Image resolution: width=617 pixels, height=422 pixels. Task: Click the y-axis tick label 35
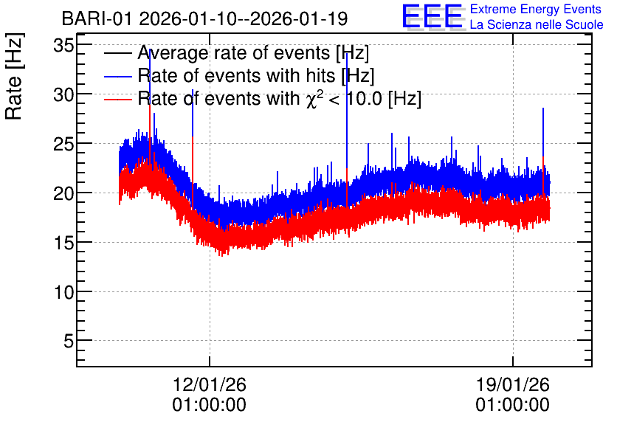pos(63,46)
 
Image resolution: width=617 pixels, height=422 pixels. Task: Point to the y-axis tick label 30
pos(63,95)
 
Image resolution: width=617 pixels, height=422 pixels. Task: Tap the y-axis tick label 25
pos(63,145)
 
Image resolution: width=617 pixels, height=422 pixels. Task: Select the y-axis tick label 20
pos(63,193)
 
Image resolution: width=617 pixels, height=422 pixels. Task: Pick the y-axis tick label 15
pos(63,243)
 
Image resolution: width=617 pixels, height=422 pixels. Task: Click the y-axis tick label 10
pos(63,292)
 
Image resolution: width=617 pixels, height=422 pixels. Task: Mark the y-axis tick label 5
pos(69,341)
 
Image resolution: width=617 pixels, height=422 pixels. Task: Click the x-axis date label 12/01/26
pos(210,384)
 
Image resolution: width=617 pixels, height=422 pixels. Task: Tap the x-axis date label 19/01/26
pos(513,384)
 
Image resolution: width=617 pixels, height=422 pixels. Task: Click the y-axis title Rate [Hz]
pos(14,76)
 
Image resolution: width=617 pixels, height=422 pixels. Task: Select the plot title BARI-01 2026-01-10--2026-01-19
pos(204,18)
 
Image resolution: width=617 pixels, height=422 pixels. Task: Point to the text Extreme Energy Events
pos(536,9)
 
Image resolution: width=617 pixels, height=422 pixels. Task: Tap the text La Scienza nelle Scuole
pos(537,25)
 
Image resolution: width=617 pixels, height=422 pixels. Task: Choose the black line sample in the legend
pos(117,53)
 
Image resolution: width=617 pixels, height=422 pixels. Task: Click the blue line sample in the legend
pos(117,76)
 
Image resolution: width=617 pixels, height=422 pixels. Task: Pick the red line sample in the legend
pos(117,99)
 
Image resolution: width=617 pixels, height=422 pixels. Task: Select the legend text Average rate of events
pos(234,52)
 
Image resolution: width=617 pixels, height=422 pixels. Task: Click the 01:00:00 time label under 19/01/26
pos(513,405)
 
